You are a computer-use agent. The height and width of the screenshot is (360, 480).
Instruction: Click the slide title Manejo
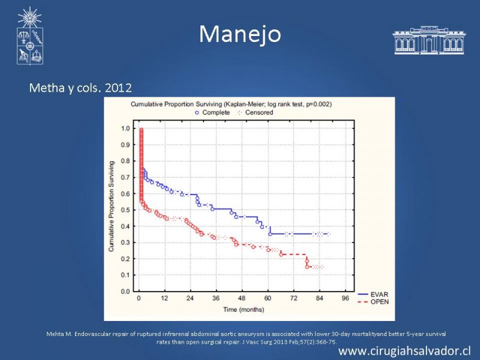pyautogui.click(x=240, y=34)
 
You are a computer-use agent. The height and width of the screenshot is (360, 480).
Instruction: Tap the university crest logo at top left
pyautogui.click(x=29, y=36)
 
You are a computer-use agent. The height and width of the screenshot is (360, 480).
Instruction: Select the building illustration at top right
pyautogui.click(x=429, y=40)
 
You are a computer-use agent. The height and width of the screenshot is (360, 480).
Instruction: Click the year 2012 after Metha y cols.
pyautogui.click(x=118, y=88)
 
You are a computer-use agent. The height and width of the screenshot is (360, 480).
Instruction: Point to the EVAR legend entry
pyautogui.click(x=373, y=294)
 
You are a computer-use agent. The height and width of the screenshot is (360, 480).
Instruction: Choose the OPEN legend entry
pyautogui.click(x=373, y=302)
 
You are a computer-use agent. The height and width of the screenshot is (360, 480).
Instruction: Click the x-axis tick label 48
pyautogui.click(x=242, y=298)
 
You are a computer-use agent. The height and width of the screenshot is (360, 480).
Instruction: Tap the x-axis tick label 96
pyautogui.click(x=346, y=298)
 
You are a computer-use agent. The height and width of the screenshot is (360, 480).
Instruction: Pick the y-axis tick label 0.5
pyautogui.click(x=125, y=210)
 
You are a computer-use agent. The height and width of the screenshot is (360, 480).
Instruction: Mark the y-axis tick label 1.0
pyautogui.click(x=125, y=128)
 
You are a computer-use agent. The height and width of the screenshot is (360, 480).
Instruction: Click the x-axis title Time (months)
pyautogui.click(x=244, y=310)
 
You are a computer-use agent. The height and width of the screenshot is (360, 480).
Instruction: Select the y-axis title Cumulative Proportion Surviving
pyautogui.click(x=111, y=206)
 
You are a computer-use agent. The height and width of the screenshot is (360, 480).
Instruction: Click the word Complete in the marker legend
pyautogui.click(x=216, y=112)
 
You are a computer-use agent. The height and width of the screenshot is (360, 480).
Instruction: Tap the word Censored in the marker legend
pyautogui.click(x=259, y=112)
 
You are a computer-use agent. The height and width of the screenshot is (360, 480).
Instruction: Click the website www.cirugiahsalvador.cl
pyautogui.click(x=404, y=351)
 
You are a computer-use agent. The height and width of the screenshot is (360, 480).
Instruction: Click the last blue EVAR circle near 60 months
pyautogui.click(x=270, y=234)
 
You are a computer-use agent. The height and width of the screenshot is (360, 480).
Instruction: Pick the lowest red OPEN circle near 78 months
pyautogui.click(x=307, y=267)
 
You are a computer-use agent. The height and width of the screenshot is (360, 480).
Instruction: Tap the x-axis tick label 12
pyautogui.click(x=164, y=298)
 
